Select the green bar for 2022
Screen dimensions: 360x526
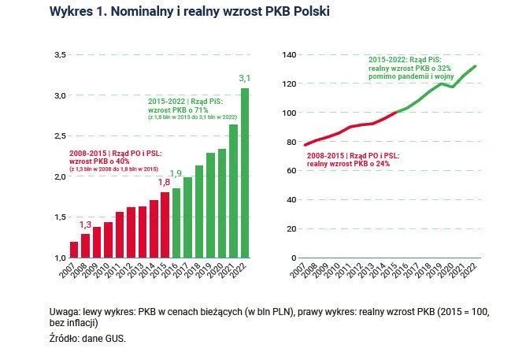[245, 173]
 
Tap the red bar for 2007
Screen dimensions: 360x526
[74, 249]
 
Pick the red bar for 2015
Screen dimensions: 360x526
[165, 225]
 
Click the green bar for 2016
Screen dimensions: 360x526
[176, 223]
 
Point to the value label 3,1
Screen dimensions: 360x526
[244, 78]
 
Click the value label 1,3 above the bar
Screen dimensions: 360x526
[85, 225]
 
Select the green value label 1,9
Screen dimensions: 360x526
[176, 173]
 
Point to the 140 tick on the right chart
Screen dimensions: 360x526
[287, 54]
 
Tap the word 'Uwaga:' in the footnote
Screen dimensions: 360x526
[65, 312]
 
